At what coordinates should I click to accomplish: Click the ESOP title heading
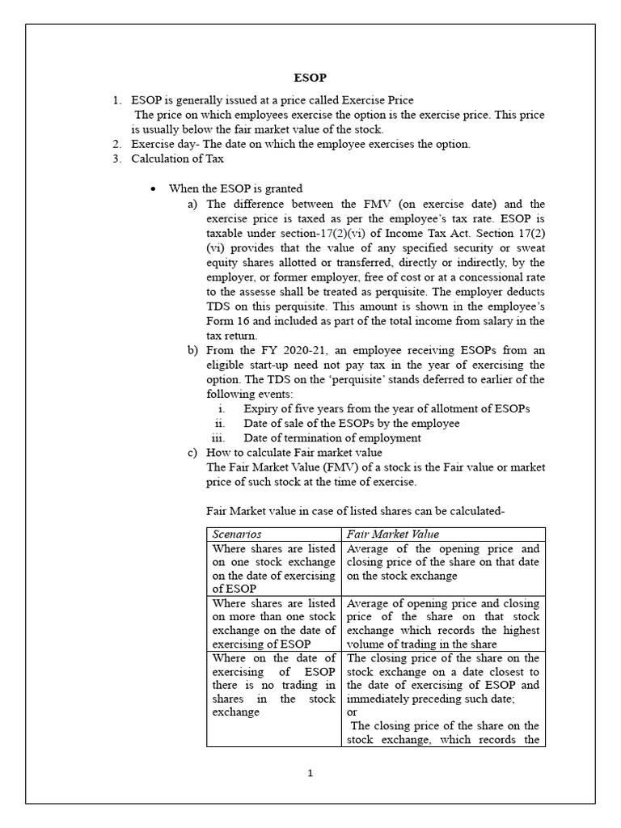tap(310, 78)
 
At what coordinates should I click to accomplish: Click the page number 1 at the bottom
tap(310, 773)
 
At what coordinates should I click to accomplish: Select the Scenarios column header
tap(236, 534)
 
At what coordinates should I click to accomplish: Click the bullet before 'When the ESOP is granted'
tap(152, 188)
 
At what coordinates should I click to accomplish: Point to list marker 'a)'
tap(192, 204)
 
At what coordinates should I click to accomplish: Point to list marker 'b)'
tap(192, 350)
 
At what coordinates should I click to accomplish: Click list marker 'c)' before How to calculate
tap(192, 453)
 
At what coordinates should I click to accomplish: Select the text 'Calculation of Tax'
tap(178, 158)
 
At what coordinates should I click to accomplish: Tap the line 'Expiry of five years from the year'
tap(387, 408)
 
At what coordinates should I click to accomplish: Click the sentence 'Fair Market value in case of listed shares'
tap(356, 511)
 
